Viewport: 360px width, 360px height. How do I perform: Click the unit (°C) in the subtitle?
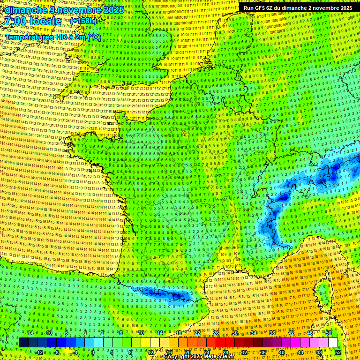point(93,37)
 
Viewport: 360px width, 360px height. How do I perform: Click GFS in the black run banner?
point(265,8)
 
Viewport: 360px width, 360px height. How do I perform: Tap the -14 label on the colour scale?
point(30,333)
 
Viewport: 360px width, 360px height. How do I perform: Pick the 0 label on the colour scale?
point(92,352)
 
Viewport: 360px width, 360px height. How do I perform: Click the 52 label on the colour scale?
point(338,352)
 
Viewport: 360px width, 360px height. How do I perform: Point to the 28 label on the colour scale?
point(225,352)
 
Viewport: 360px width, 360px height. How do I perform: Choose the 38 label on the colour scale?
point(272,333)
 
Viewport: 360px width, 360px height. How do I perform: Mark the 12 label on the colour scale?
point(150,352)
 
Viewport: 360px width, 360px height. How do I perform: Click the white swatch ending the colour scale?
point(333,343)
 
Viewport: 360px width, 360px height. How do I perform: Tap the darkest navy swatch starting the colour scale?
point(23,343)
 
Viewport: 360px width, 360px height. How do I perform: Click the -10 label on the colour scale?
point(48,333)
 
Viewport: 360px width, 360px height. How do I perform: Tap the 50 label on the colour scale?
point(329,333)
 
